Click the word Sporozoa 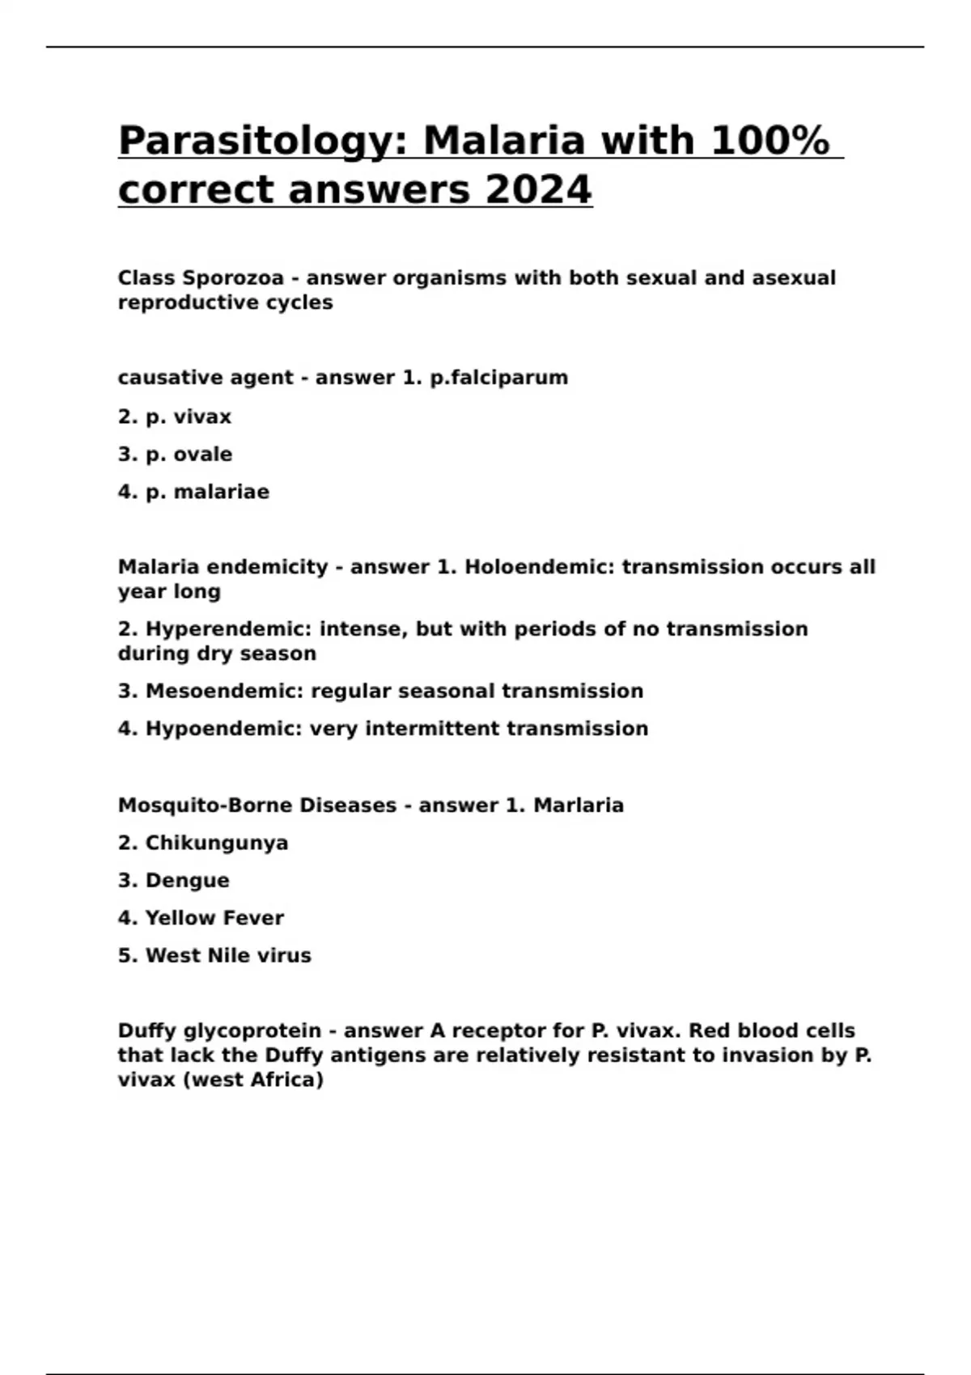pyautogui.click(x=233, y=278)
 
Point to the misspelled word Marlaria pyautogui.click(x=579, y=806)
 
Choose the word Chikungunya pyautogui.click(x=217, y=843)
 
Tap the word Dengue pyautogui.click(x=187, y=880)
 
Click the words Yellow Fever pyautogui.click(x=214, y=918)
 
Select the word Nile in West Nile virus pyautogui.click(x=229, y=955)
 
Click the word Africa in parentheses pyautogui.click(x=284, y=1080)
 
